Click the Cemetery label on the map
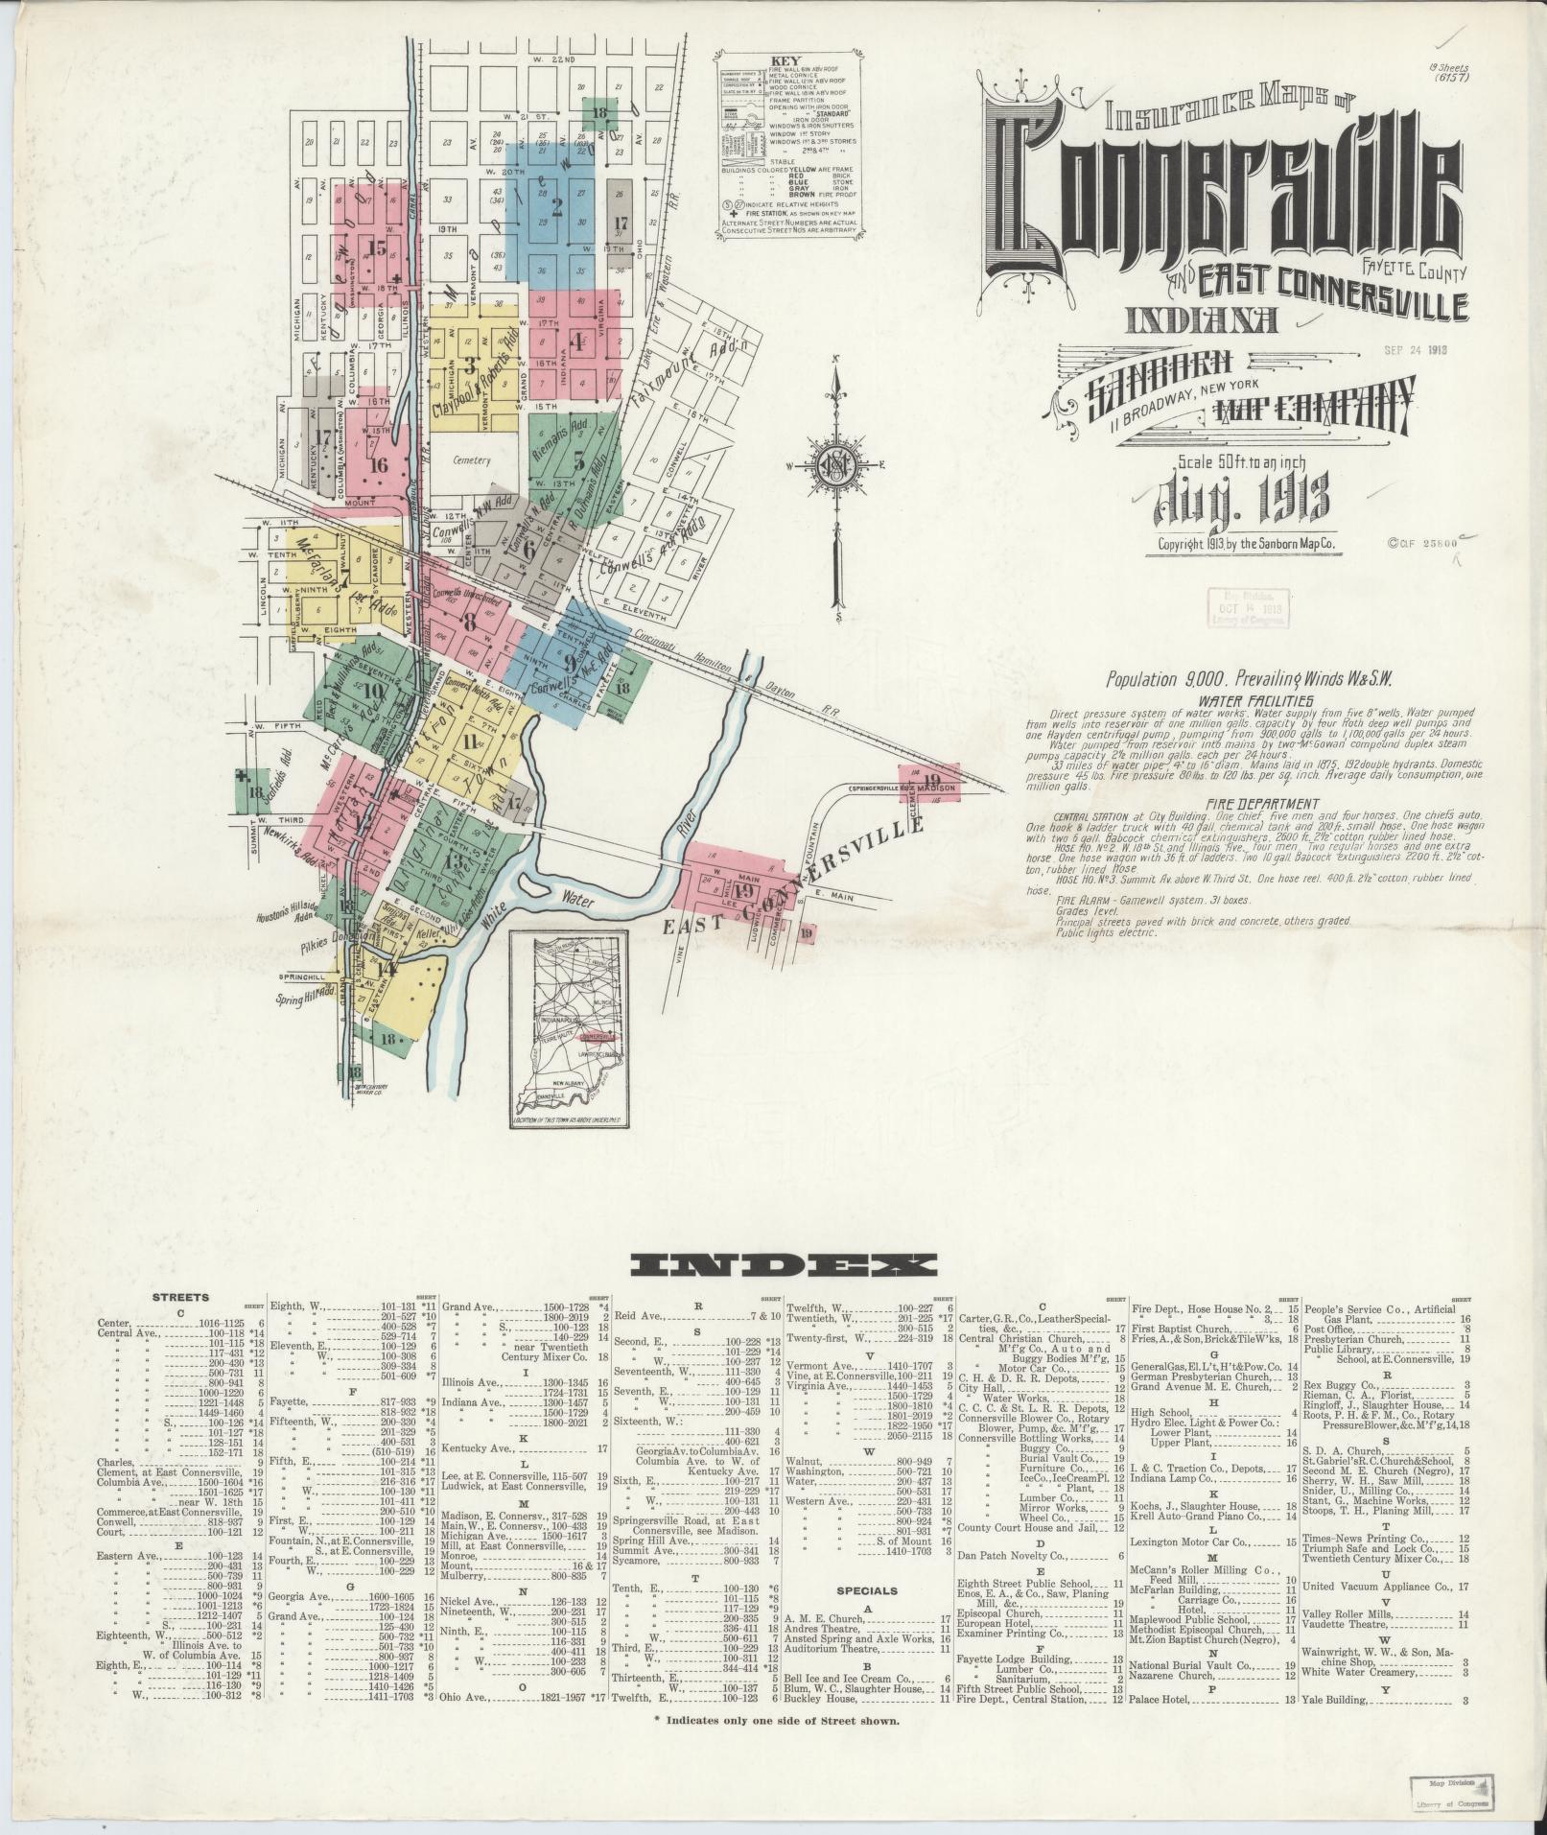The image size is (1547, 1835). pyautogui.click(x=469, y=460)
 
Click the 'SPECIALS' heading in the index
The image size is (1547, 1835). pyautogui.click(x=866, y=1590)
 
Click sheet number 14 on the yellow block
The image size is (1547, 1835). pyautogui.click(x=387, y=969)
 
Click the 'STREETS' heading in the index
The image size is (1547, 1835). pyautogui.click(x=180, y=1297)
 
